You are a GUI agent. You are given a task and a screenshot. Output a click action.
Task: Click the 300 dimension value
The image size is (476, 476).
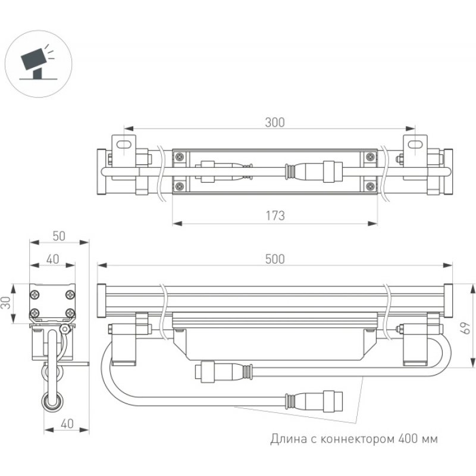[x=275, y=123]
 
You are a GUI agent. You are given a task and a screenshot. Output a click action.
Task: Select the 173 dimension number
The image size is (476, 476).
[x=275, y=216]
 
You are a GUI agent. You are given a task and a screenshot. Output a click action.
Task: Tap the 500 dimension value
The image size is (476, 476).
[x=275, y=259]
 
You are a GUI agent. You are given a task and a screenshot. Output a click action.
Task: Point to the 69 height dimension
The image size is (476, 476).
[x=465, y=328]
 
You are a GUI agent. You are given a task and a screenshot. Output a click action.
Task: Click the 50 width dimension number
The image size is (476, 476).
[x=59, y=236]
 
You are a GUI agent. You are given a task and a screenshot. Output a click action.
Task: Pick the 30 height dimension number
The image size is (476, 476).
[x=7, y=303]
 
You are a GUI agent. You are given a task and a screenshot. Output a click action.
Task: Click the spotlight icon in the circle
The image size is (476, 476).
[x=38, y=63]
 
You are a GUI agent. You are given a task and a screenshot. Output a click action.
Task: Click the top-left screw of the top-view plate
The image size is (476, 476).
[x=180, y=156]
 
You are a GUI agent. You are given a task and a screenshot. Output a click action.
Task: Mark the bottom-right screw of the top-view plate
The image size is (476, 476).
[x=369, y=186]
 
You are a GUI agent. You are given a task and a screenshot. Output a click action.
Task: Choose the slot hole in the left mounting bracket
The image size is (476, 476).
[x=123, y=144]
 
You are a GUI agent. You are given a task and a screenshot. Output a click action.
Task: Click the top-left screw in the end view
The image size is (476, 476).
[x=35, y=294]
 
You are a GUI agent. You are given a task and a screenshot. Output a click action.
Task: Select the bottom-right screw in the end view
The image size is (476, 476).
[x=70, y=312]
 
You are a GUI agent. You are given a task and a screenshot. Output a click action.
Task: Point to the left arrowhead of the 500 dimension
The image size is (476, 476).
[x=102, y=265]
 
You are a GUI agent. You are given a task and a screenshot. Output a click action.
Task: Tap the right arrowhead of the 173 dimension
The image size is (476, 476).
[x=372, y=224]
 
